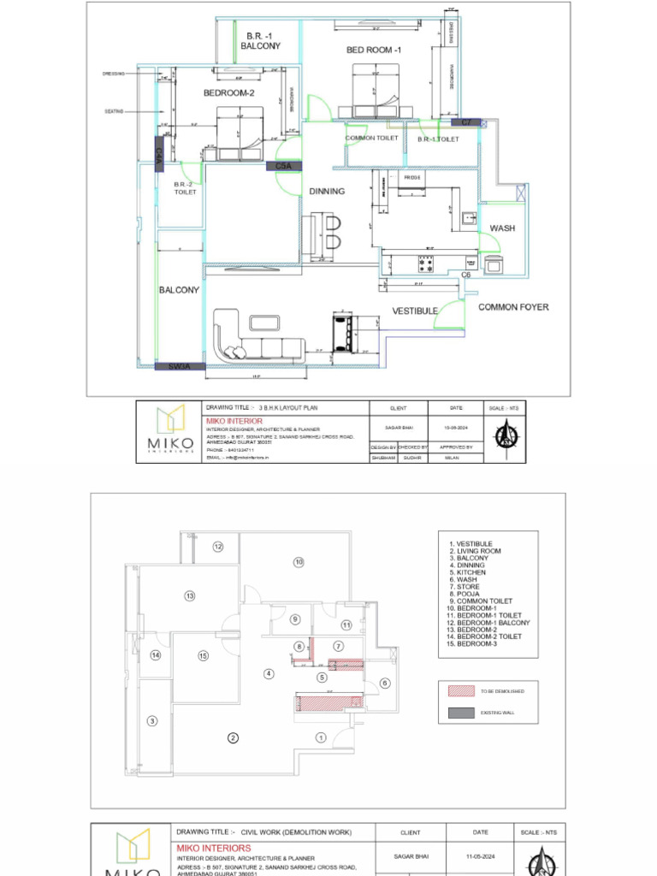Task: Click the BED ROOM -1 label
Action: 373,50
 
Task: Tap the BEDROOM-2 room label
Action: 228,93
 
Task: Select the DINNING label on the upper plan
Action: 327,192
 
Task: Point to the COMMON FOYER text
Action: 513,307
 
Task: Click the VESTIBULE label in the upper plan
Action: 415,311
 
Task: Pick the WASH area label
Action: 502,228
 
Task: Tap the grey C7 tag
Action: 466,123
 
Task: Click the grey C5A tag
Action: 283,166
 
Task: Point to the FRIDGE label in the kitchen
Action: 413,178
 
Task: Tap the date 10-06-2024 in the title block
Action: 456,425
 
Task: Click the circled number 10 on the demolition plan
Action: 299,562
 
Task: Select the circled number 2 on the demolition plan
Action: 232,737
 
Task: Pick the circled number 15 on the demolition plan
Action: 203,656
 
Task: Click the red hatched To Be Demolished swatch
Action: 460,690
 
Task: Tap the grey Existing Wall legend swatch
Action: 460,712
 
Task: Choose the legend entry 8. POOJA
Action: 468,594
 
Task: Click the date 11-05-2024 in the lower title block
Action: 480,855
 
